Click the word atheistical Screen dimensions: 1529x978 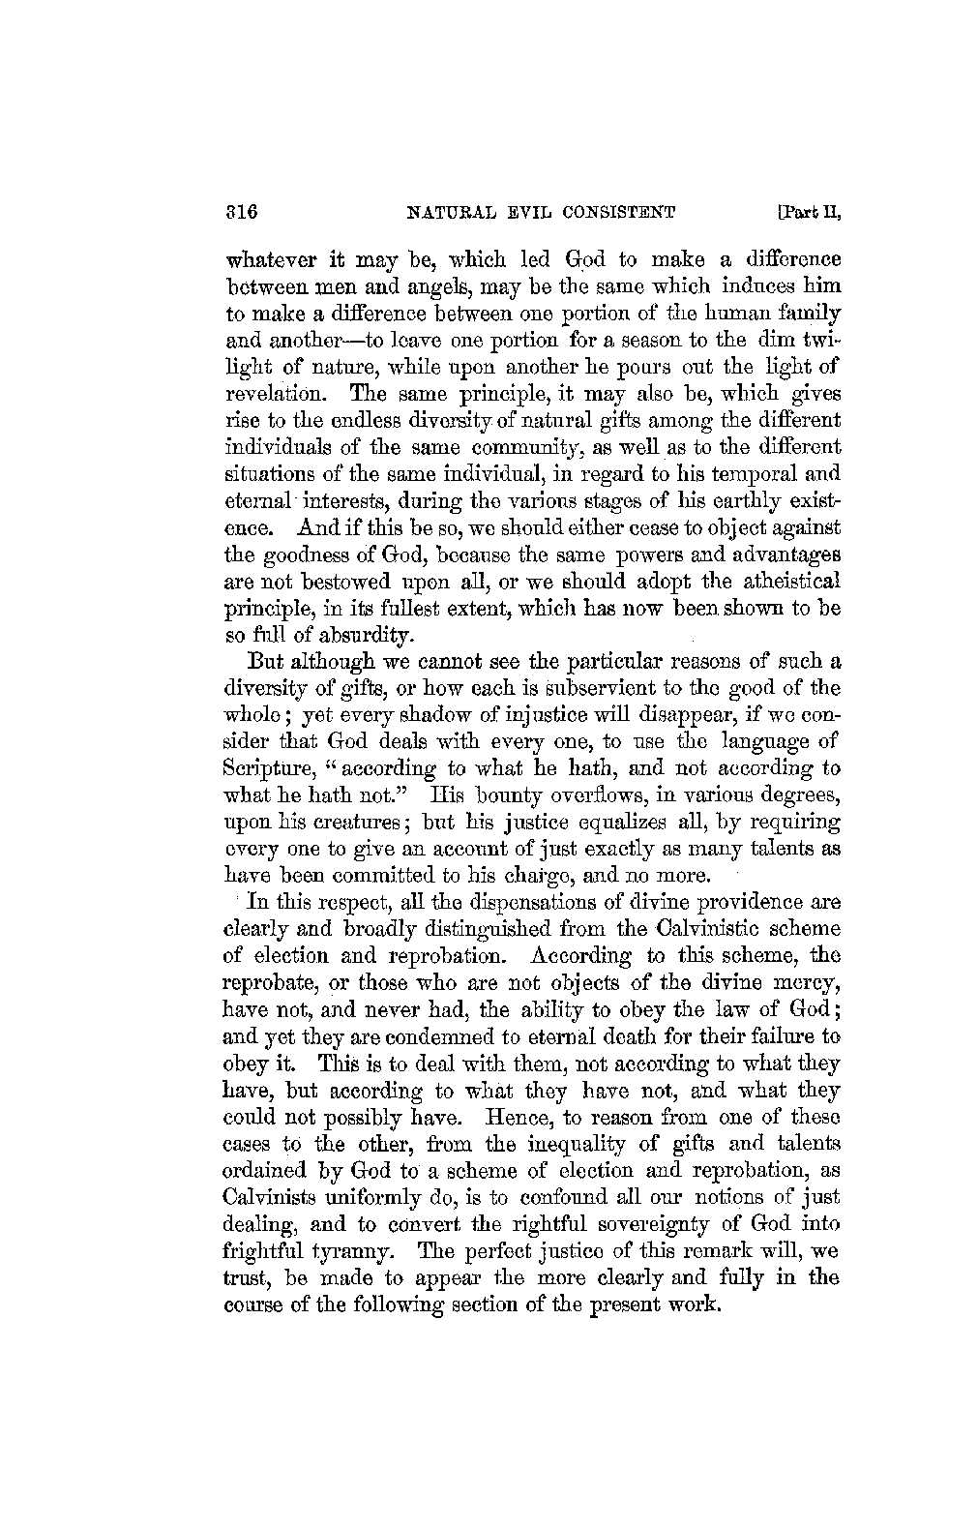pos(787,582)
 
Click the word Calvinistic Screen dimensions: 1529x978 pos(697,928)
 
